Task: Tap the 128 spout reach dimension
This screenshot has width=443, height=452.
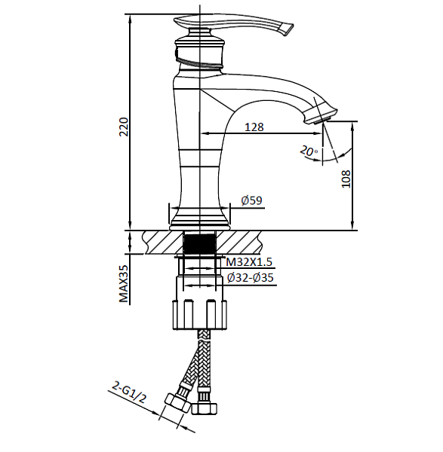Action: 254,127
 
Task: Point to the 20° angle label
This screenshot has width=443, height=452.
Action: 307,151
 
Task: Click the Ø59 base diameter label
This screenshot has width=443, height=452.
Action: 251,200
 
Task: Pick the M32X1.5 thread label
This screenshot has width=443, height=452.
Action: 249,262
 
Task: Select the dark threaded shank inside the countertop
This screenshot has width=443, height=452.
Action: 200,244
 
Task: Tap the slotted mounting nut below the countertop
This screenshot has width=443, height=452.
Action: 200,313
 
